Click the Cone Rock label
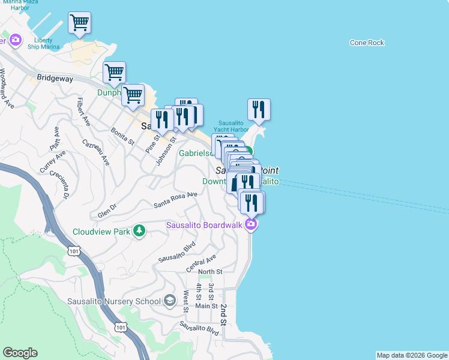point(367,43)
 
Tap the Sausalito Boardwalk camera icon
point(251,225)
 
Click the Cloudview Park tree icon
point(139,231)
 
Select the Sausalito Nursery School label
point(115,301)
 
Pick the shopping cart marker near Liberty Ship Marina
point(79,23)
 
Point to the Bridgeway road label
point(55,77)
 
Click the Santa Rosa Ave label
point(175,199)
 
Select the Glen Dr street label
point(108,213)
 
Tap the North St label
point(210,272)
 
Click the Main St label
point(206,306)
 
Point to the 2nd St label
point(223,314)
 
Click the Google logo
point(20,353)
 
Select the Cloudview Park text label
point(101,232)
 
